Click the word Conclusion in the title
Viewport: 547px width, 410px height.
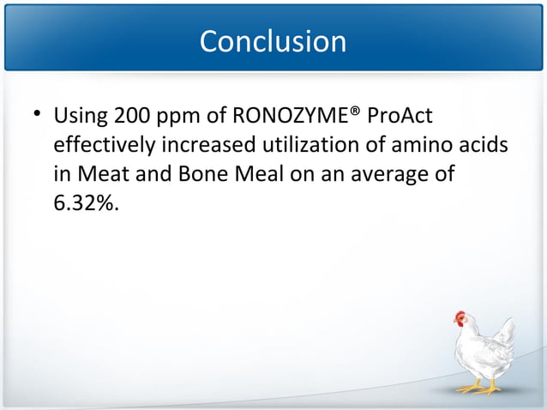pos(273,41)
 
